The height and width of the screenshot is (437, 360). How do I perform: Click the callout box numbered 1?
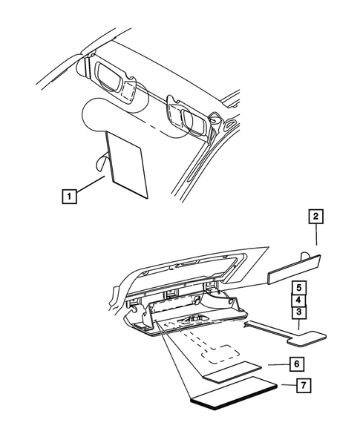68,197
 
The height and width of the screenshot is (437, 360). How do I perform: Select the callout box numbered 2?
315,217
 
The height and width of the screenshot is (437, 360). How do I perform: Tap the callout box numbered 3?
297,312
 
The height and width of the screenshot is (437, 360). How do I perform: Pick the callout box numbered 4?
297,300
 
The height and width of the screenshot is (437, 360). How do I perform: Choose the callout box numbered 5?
297,287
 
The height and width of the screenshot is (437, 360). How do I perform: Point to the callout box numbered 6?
295,364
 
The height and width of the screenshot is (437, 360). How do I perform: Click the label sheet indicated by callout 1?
128,165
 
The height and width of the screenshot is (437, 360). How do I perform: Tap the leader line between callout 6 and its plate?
275,364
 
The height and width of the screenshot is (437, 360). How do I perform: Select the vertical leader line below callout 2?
315,236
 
